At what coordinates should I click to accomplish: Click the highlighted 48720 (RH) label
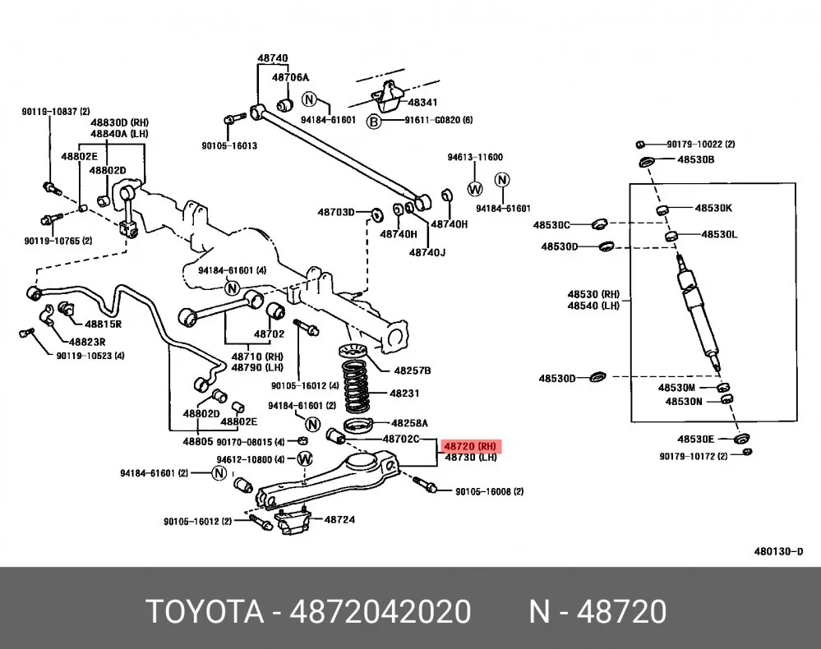tap(469, 446)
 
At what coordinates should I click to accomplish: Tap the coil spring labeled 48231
tap(357, 385)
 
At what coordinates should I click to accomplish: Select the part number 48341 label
tap(422, 103)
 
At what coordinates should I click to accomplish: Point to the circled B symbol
tap(373, 122)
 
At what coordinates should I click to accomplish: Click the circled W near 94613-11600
tap(475, 189)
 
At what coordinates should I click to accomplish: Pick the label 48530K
tap(713, 208)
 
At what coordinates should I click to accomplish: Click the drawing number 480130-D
tap(778, 551)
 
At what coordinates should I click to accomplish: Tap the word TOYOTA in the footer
tap(205, 611)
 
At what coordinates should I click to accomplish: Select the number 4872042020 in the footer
tap(381, 611)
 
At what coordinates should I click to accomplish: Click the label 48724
tap(339, 520)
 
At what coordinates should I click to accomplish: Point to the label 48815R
tap(104, 324)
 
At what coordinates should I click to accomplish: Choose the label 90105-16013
tap(229, 145)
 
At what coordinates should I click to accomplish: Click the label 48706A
tap(290, 77)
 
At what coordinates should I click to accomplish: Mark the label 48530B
tap(695, 159)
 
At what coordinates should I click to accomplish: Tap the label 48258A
tap(409, 422)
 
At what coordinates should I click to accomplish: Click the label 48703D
tap(336, 212)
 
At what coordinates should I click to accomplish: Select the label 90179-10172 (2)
tap(694, 457)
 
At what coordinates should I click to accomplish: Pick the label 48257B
tap(412, 371)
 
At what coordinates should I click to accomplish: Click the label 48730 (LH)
tap(471, 458)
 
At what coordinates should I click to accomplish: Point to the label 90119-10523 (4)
tap(90, 356)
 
